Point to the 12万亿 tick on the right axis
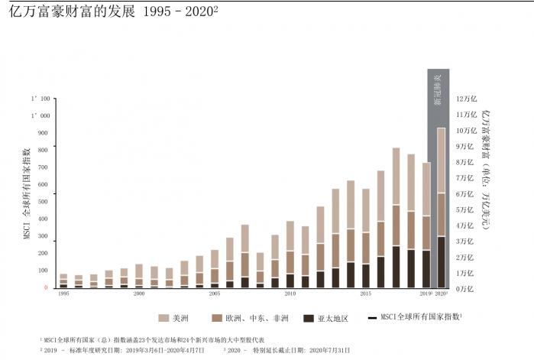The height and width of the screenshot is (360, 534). point(466,99)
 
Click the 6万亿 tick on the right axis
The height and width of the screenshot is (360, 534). point(464,193)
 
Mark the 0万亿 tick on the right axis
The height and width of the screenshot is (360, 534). point(464,288)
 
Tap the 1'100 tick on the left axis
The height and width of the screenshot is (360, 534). point(40,99)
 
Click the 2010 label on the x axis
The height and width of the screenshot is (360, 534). point(290,294)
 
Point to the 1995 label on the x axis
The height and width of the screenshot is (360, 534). point(63,294)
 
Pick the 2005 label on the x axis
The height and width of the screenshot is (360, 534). point(214,294)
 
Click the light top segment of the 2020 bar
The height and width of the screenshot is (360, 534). point(441,161)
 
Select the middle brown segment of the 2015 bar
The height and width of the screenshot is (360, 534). point(365,248)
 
